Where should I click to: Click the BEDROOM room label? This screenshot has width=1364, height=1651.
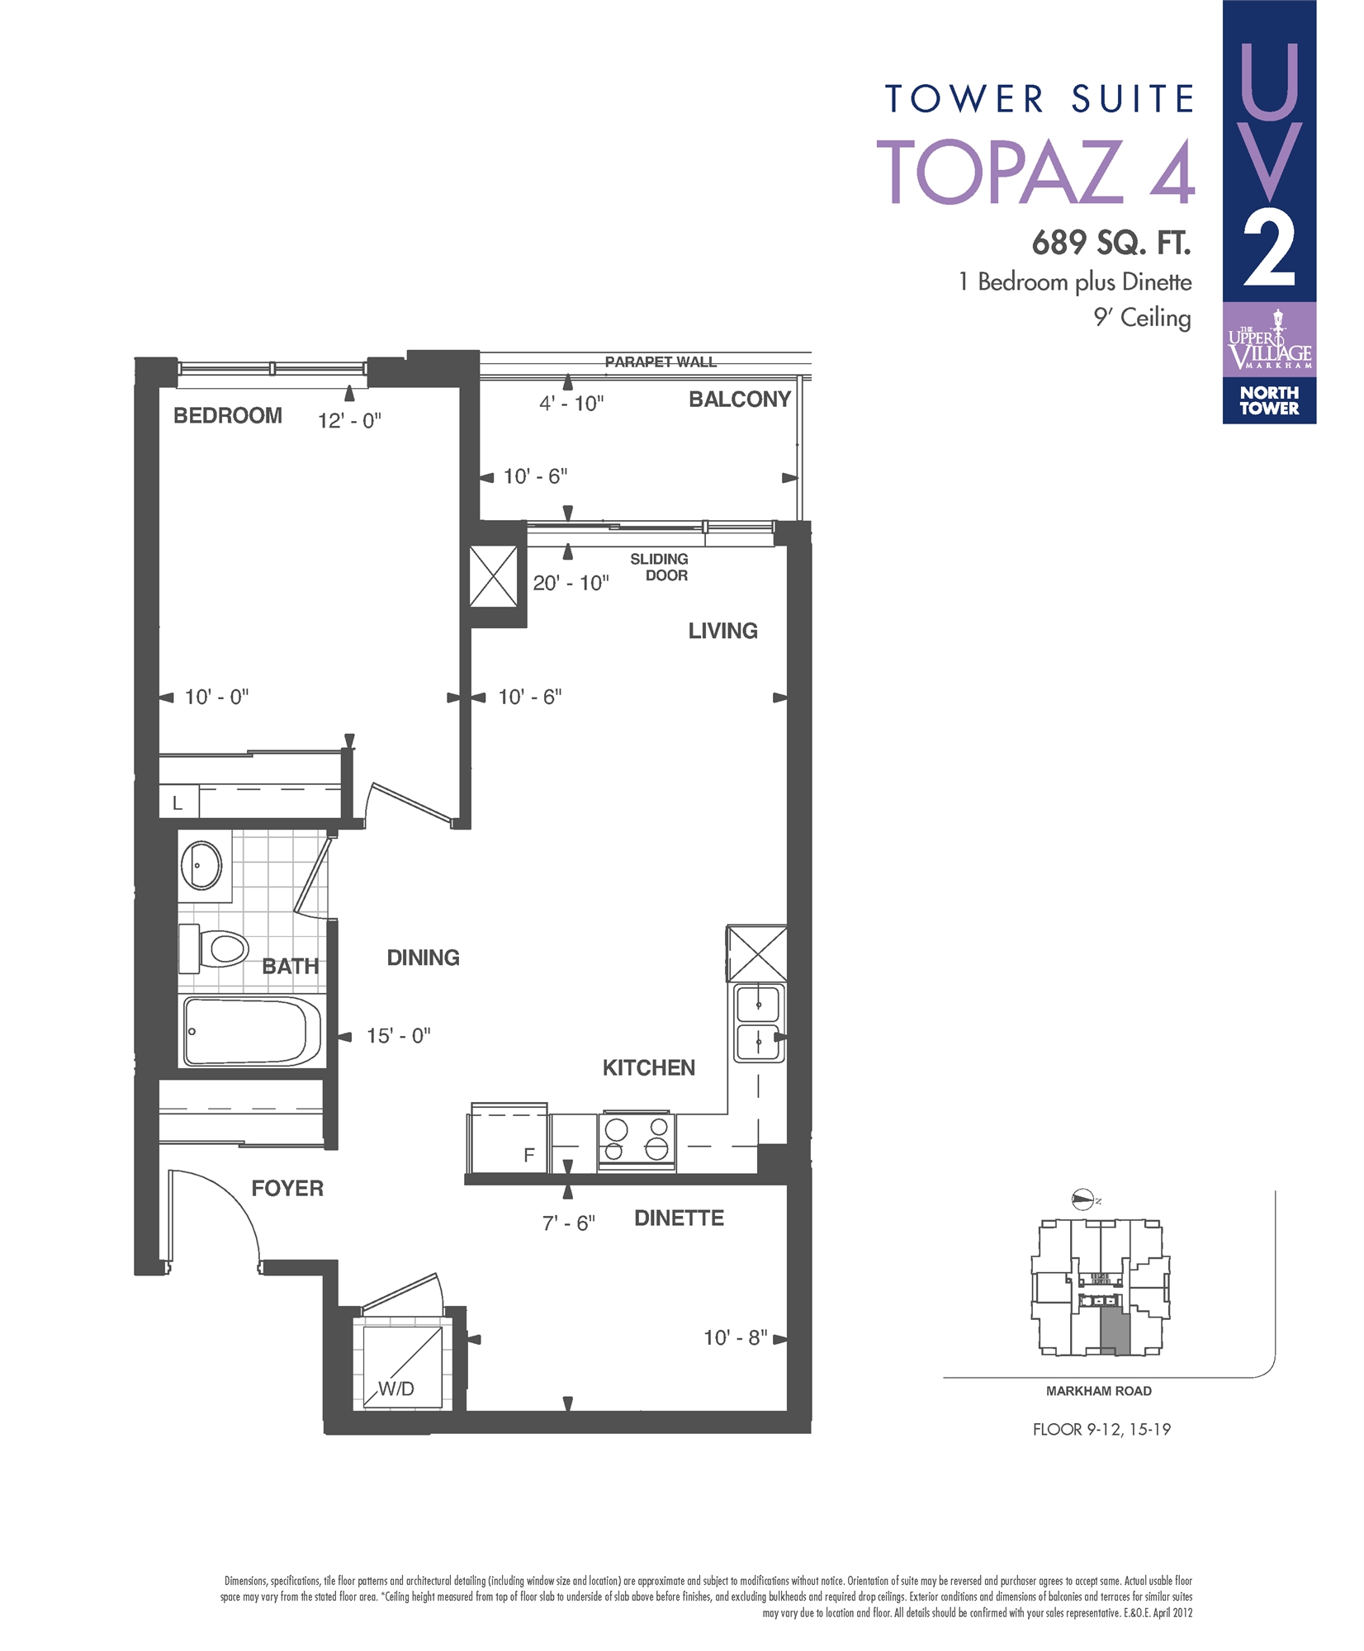click(x=227, y=415)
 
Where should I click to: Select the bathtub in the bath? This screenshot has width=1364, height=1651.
click(x=250, y=1032)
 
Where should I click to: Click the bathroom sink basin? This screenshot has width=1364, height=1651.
click(x=201, y=864)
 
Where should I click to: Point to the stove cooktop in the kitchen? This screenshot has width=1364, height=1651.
click(x=636, y=1139)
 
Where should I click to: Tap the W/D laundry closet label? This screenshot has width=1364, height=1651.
click(x=396, y=1388)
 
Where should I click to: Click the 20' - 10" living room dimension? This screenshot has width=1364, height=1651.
click(x=571, y=583)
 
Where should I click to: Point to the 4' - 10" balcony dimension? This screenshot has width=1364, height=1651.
click(x=571, y=404)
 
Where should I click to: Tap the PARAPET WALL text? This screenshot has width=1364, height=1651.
click(x=661, y=362)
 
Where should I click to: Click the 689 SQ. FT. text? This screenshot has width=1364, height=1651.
click(x=1111, y=243)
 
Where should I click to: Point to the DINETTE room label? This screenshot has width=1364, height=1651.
click(x=679, y=1218)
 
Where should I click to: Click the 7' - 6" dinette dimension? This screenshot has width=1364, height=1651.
click(x=568, y=1223)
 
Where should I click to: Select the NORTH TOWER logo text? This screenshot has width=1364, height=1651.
click(x=1268, y=400)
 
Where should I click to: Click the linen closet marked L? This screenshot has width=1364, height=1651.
click(x=178, y=802)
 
